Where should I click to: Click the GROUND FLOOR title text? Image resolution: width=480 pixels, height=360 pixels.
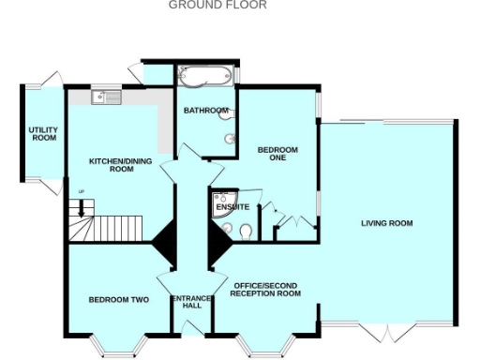[217, 6]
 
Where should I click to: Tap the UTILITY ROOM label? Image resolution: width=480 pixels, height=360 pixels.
[44, 134]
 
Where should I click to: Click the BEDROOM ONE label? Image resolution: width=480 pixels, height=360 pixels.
[277, 154]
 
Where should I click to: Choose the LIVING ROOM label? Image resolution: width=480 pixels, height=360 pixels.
[387, 223]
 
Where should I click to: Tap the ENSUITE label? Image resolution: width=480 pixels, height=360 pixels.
[232, 206]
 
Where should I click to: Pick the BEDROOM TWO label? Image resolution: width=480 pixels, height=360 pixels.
[119, 300]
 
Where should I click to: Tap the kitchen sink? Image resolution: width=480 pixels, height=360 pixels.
[106, 96]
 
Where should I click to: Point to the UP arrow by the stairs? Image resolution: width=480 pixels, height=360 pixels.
[82, 192]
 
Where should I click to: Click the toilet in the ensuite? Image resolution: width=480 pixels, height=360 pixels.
[244, 231]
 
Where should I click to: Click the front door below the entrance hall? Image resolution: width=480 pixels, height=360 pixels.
[191, 328]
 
